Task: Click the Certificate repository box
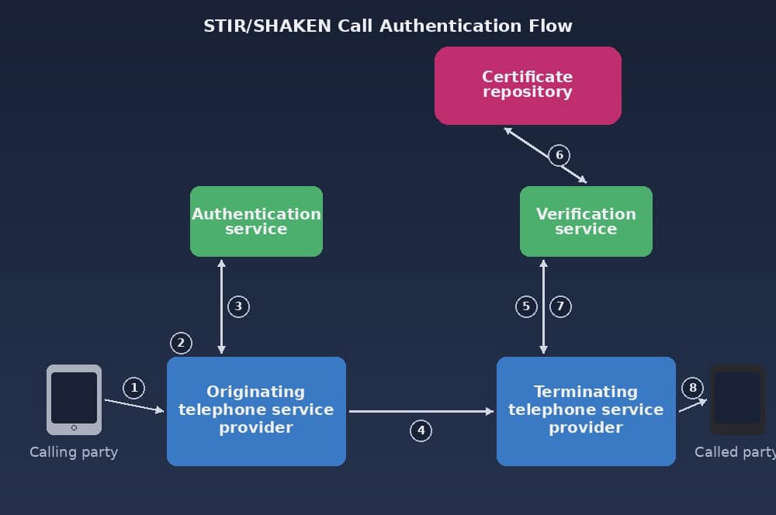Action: pyautogui.click(x=528, y=85)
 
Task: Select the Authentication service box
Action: pyautogui.click(x=256, y=221)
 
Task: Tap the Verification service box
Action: pyautogui.click(x=586, y=221)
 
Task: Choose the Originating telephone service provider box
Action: pyautogui.click(x=256, y=411)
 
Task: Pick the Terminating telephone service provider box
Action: pyautogui.click(x=586, y=411)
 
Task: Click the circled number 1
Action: pyautogui.click(x=133, y=388)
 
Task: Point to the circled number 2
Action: pyautogui.click(x=180, y=343)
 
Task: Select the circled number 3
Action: pyautogui.click(x=238, y=306)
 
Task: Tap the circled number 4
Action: pyautogui.click(x=421, y=430)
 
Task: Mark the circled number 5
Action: pyautogui.click(x=526, y=306)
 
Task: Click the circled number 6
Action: pyautogui.click(x=559, y=155)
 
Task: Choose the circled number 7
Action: pyautogui.click(x=560, y=306)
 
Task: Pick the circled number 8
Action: pyautogui.click(x=692, y=388)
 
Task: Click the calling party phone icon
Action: pyautogui.click(x=74, y=399)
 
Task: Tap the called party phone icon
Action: pyautogui.click(x=737, y=399)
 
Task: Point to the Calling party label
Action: pyautogui.click(x=74, y=452)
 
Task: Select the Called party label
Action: pyautogui.click(x=734, y=452)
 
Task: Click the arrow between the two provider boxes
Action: pyautogui.click(x=421, y=411)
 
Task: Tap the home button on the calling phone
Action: pyautogui.click(x=74, y=427)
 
